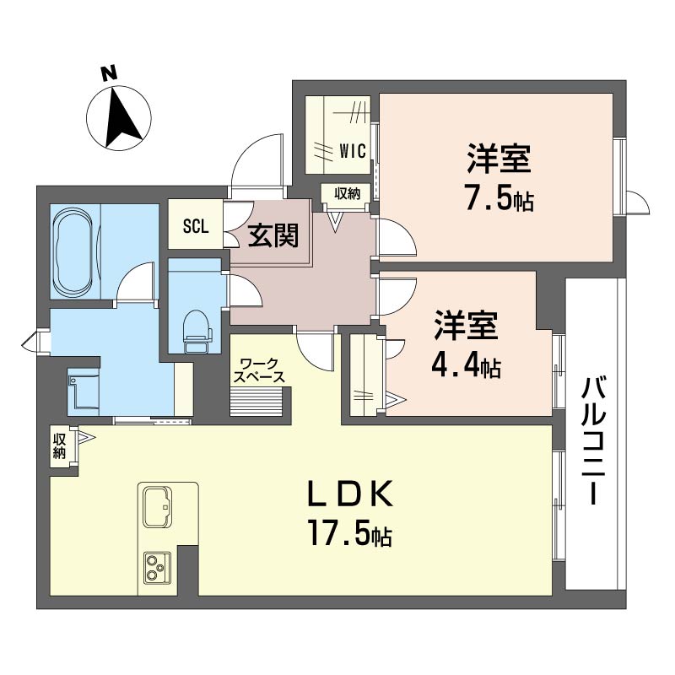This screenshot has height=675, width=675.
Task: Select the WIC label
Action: tap(353, 151)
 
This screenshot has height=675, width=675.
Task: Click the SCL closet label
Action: tap(196, 226)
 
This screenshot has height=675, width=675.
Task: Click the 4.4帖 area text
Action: tap(467, 367)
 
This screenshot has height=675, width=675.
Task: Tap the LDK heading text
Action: tap(349, 494)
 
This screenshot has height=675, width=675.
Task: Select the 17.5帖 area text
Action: tap(349, 534)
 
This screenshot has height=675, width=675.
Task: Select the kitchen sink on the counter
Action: tap(157, 507)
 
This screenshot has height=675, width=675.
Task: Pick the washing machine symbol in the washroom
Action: tap(84, 391)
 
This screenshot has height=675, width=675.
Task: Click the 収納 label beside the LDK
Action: tap(59, 446)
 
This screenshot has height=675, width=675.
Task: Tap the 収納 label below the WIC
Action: tap(347, 194)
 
